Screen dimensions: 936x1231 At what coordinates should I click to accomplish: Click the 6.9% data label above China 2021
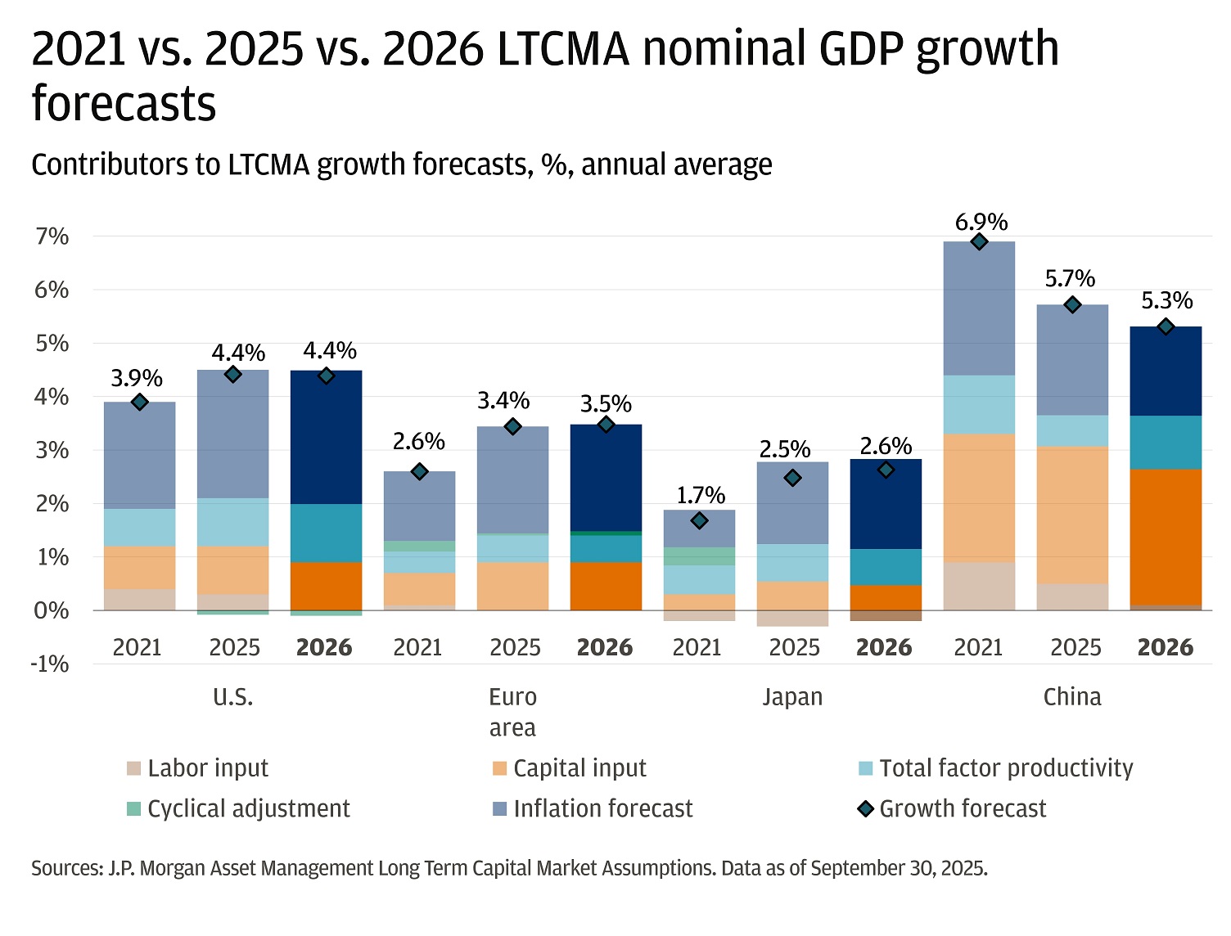tap(981, 222)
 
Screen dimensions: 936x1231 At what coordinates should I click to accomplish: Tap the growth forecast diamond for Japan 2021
tap(699, 520)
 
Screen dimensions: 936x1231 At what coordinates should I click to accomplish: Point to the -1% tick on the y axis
tap(50, 664)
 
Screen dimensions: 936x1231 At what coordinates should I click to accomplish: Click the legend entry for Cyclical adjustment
tap(239, 808)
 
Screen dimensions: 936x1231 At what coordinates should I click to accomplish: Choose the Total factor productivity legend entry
tap(996, 768)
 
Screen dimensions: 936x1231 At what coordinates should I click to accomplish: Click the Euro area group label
tap(512, 711)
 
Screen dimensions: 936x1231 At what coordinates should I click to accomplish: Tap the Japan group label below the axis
tap(792, 697)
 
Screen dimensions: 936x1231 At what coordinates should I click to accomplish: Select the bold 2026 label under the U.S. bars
tap(324, 647)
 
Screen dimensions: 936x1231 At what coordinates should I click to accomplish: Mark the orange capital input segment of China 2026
tap(1166, 536)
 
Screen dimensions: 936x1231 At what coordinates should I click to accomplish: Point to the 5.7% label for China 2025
tap(1070, 278)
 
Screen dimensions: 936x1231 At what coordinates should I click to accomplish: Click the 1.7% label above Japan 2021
tap(701, 495)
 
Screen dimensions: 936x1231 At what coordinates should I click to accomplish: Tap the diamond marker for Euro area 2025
tap(513, 426)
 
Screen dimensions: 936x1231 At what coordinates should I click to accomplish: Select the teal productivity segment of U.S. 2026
tap(326, 533)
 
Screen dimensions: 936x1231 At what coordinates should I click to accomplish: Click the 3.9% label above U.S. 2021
tap(137, 378)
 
